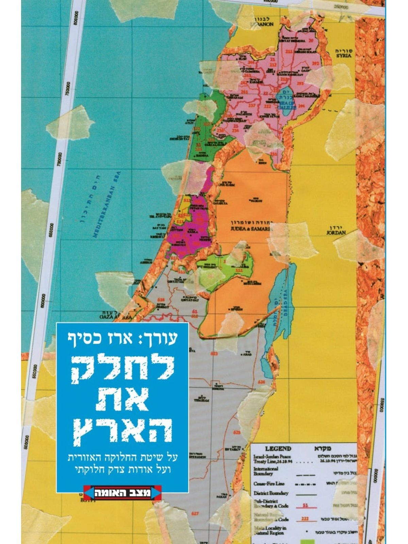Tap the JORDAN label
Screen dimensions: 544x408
[336, 233]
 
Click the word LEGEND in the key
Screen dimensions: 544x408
[278, 448]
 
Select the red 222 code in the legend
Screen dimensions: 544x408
[305, 519]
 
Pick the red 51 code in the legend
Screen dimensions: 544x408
[305, 505]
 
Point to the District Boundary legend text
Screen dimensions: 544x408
[271, 493]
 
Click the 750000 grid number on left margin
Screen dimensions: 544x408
[68, 89]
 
